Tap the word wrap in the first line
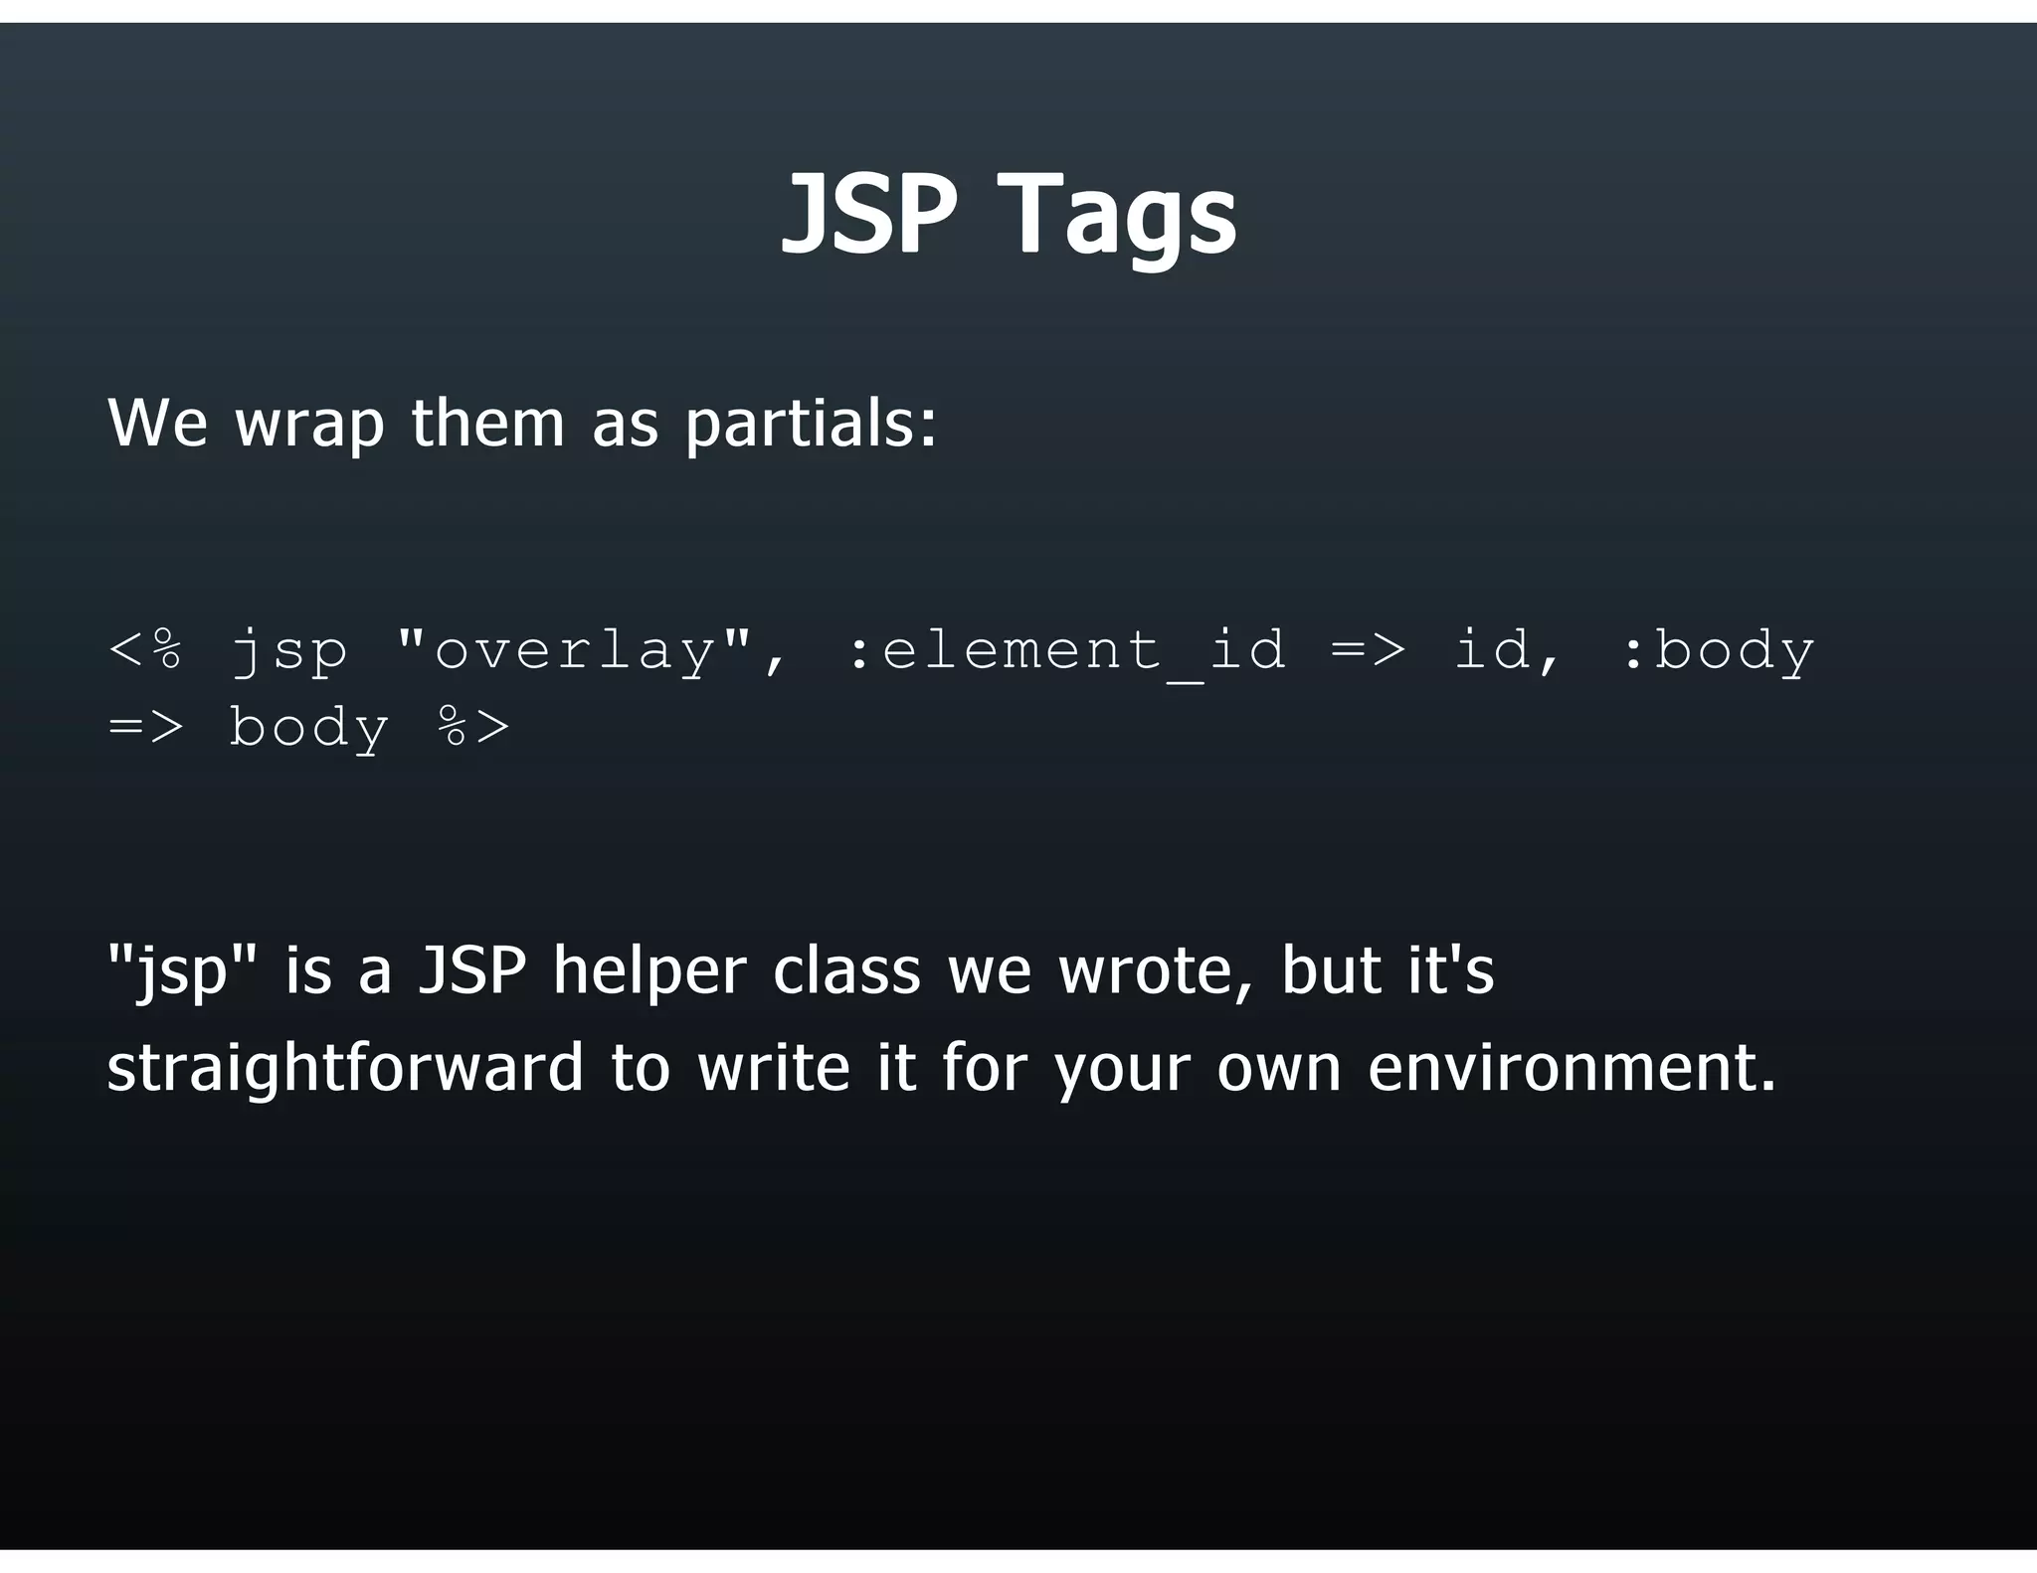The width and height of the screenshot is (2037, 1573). [x=308, y=424]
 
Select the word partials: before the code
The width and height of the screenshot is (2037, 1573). [x=811, y=424]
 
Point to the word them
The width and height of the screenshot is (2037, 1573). [x=487, y=422]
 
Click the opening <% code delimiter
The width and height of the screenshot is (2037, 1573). [x=145, y=650]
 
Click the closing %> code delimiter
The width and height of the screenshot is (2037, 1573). [x=473, y=727]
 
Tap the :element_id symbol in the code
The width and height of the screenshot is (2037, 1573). [x=1064, y=650]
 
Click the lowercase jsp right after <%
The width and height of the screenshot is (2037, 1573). [x=288, y=652]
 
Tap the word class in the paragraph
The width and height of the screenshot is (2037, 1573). [x=846, y=970]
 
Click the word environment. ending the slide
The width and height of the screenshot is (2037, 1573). [x=1572, y=1068]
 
